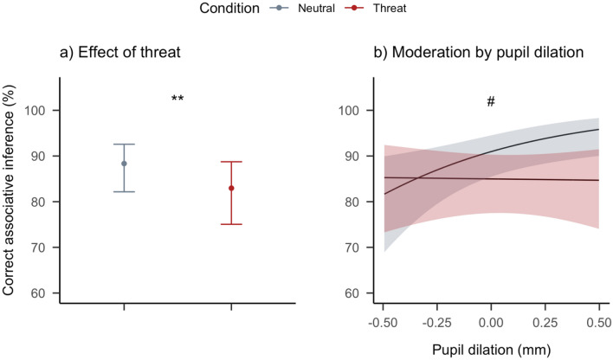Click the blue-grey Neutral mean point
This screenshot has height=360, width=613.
(124, 164)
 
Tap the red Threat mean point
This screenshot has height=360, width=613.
(231, 188)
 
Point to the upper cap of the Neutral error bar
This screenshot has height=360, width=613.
(124, 145)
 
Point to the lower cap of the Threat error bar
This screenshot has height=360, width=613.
(231, 224)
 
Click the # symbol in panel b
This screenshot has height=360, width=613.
(490, 101)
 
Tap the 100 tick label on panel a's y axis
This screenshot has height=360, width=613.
(38, 111)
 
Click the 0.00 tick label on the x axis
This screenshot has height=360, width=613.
(491, 322)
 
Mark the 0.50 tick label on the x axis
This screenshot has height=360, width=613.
(599, 322)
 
